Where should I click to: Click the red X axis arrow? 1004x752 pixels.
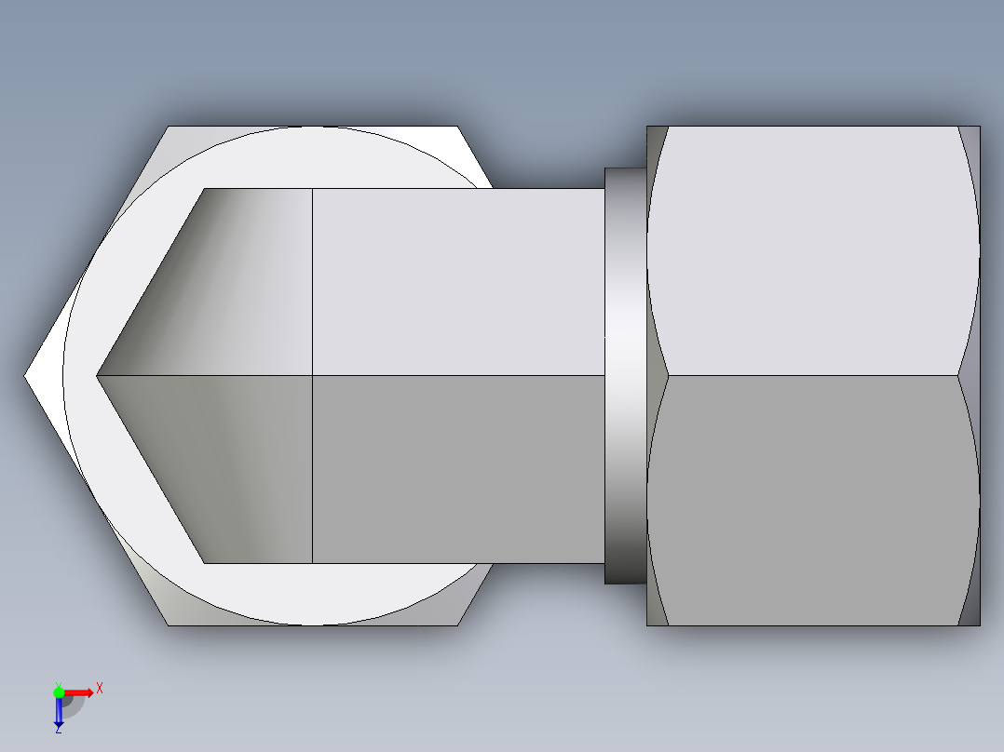(x=80, y=692)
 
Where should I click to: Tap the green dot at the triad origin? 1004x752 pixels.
(x=59, y=692)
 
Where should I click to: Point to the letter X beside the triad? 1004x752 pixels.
(x=99, y=688)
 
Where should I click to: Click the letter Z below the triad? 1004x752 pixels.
(x=58, y=731)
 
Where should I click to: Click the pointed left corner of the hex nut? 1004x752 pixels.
(x=27, y=376)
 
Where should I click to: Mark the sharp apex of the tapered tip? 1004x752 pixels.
(x=97, y=376)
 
